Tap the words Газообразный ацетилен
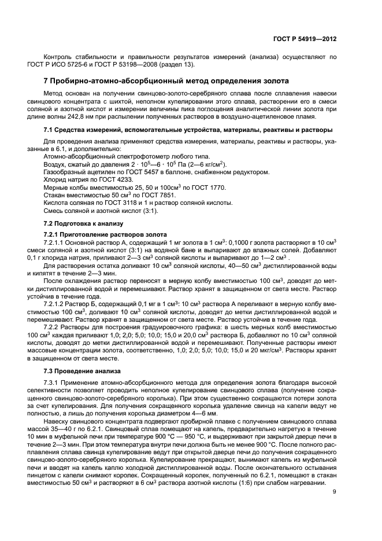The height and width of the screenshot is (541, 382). (x=75, y=172)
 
